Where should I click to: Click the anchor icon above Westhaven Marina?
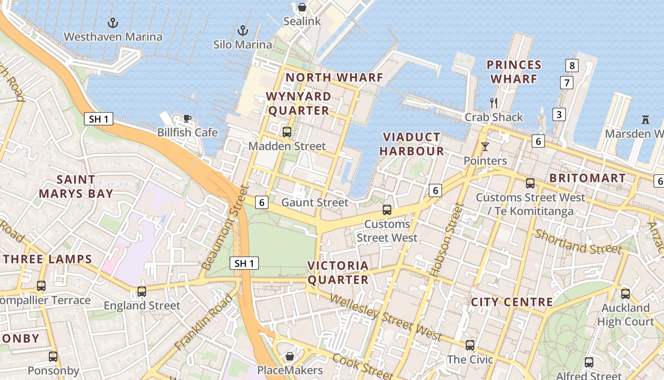click(113, 22)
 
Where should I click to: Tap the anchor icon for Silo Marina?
click(243, 31)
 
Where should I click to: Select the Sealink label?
click(302, 21)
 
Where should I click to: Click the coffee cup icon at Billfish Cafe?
click(187, 118)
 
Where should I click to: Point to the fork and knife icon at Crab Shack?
click(494, 103)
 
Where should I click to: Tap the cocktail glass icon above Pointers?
click(485, 146)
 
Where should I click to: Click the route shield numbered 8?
click(572, 66)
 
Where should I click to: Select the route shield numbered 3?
click(559, 114)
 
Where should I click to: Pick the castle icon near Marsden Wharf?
click(645, 119)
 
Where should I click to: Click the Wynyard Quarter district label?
click(298, 104)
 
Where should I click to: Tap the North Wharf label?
click(334, 77)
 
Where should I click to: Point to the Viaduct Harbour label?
click(412, 144)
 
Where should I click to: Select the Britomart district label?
click(587, 178)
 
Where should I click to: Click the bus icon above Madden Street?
click(287, 132)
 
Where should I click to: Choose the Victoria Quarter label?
click(338, 273)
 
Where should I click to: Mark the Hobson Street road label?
click(446, 240)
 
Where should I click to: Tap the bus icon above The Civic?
click(470, 345)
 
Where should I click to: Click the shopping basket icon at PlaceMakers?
click(290, 356)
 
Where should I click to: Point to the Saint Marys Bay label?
click(76, 187)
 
